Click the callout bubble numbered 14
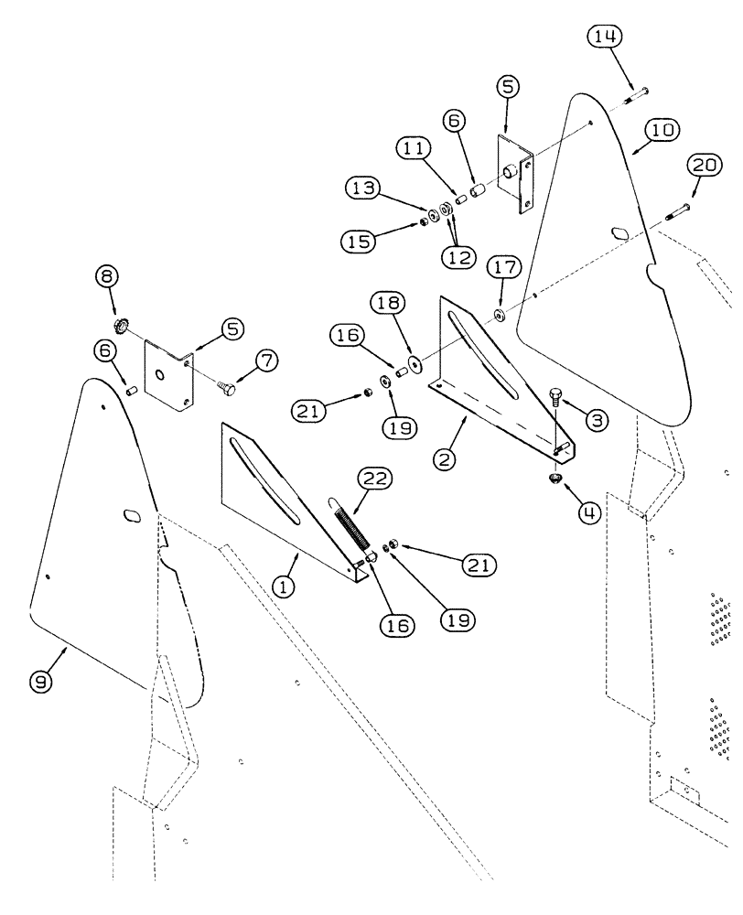click(606, 37)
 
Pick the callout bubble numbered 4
click(588, 513)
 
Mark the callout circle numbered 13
click(362, 188)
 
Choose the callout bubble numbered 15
click(360, 242)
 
